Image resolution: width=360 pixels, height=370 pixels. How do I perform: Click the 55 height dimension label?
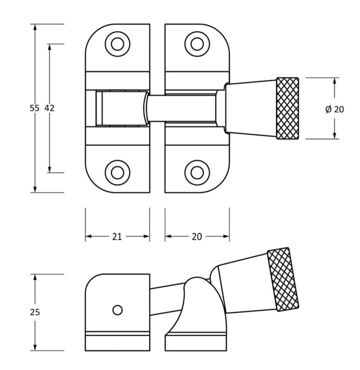point(35,108)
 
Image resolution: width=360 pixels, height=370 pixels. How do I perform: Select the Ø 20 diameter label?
point(334,109)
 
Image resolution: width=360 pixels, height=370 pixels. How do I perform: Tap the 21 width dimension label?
point(117,237)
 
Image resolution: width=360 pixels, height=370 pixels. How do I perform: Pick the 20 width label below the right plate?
point(197,237)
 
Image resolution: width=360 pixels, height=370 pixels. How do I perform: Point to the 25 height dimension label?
point(35,312)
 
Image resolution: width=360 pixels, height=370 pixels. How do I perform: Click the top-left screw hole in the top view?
point(118,44)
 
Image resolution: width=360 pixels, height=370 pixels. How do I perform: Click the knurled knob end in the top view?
point(288,108)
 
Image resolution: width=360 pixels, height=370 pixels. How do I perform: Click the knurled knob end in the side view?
point(283,279)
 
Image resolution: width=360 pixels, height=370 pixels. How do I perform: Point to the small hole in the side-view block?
point(118,310)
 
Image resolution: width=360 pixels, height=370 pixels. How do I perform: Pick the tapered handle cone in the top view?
point(250,108)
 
